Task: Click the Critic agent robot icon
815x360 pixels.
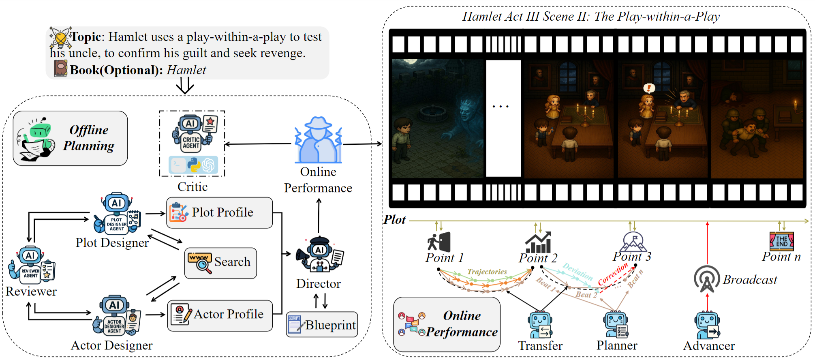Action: pyautogui.click(x=191, y=133)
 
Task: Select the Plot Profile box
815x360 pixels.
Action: pyautogui.click(x=219, y=212)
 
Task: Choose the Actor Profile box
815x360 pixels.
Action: pyautogui.click(x=220, y=315)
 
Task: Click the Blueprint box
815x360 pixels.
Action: pyautogui.click(x=322, y=324)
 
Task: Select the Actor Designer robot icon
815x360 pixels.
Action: pyautogui.click(x=115, y=316)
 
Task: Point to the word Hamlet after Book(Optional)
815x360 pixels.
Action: pyautogui.click(x=186, y=70)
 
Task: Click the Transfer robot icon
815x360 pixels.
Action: pyautogui.click(x=540, y=325)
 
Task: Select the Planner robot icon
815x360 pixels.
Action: pyautogui.click(x=616, y=325)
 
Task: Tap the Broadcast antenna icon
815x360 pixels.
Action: pyautogui.click(x=706, y=279)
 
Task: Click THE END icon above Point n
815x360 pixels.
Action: pyautogui.click(x=781, y=241)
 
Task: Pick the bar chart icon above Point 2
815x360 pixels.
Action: pyautogui.click(x=538, y=242)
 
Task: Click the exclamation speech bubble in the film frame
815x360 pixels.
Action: pyautogui.click(x=649, y=88)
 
